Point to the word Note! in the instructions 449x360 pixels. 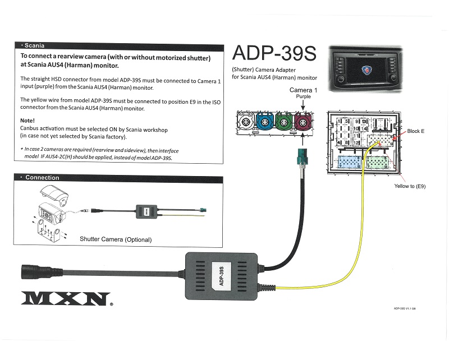click(28, 121)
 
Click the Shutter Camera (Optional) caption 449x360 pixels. click(116, 239)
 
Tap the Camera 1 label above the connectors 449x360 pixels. click(303, 90)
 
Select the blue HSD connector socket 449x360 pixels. click(265, 122)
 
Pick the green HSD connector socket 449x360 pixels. click(285, 122)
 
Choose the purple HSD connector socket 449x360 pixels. click(304, 122)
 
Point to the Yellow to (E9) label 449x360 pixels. click(410, 186)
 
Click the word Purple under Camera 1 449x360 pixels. click(303, 96)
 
